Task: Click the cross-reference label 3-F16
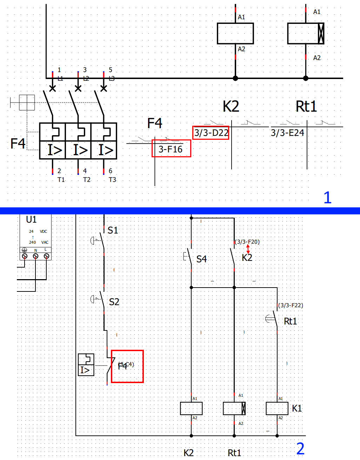coord(171,149)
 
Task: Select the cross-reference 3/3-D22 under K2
coord(211,133)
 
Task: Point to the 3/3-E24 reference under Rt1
coord(287,133)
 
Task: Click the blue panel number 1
coord(327,198)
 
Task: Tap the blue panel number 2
coord(300,448)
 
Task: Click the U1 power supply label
coord(31,219)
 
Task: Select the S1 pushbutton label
coord(113,230)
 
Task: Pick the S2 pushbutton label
coord(114,302)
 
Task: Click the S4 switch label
coord(201,259)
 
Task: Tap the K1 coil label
coord(297,408)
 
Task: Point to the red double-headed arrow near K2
coord(248,249)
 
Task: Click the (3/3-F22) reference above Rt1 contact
coord(291,305)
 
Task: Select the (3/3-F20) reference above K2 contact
coord(247,242)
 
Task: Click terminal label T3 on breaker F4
coord(112,180)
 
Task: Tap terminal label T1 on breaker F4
coord(61,180)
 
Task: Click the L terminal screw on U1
coord(46,256)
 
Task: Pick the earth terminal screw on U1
coord(25,256)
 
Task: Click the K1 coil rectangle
coord(277,408)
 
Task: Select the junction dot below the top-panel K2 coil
coord(235,78)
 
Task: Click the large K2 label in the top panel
coord(231,106)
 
